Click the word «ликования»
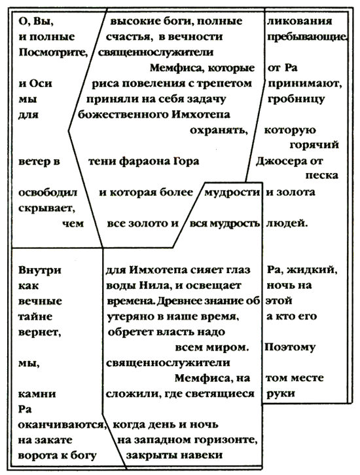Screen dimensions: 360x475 click(x=300, y=22)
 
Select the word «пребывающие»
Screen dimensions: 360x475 click(x=306, y=37)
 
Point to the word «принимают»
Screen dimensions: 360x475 click(x=304, y=84)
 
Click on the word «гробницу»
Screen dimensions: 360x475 click(x=296, y=100)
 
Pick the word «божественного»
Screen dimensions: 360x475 click(x=123, y=115)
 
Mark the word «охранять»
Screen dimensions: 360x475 click(x=218, y=130)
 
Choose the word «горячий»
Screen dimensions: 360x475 click(x=314, y=145)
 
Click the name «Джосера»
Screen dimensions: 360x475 click(x=281, y=161)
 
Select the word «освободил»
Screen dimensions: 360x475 click(x=48, y=193)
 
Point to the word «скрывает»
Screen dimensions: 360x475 click(x=46, y=208)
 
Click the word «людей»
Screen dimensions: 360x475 click(x=286, y=224)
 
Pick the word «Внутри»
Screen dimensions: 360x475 click(x=40, y=270)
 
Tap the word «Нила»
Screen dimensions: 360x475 click(x=152, y=286)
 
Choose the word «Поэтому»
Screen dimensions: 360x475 click(x=289, y=347)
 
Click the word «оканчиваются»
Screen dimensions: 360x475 click(x=62, y=425)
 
